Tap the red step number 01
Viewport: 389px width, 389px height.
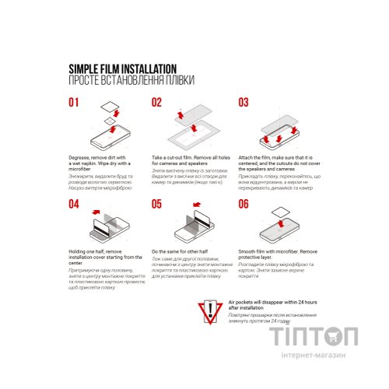pyautogui.click(x=74, y=103)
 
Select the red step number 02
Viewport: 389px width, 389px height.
pyautogui.click(x=156, y=103)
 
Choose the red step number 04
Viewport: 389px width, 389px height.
pyautogui.click(x=74, y=204)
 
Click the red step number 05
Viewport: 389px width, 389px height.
pyautogui.click(x=156, y=204)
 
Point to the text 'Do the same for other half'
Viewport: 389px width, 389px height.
pyautogui.click(x=180, y=252)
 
